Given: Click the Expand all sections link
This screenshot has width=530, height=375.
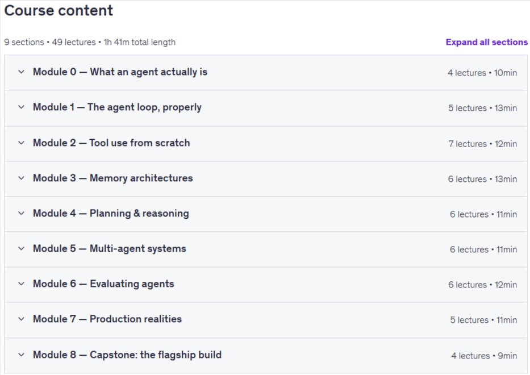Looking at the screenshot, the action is (486, 42).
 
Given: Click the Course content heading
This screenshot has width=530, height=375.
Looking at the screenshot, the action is (59, 10).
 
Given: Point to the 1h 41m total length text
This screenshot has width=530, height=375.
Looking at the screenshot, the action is (140, 42).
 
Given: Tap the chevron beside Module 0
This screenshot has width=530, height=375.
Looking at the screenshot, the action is (21, 72).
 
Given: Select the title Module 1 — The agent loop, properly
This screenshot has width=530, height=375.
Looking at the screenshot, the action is (117, 107).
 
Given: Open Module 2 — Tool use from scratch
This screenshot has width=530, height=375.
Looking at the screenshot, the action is (111, 143).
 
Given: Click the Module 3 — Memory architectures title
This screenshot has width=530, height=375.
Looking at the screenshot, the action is (112, 178).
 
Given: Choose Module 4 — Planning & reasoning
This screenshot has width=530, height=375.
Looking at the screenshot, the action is (111, 214).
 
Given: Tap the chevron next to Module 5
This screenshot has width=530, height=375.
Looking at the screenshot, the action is (21, 248).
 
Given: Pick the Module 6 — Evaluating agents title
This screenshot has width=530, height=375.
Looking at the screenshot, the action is (103, 284).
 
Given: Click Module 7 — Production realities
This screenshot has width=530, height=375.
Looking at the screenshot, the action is (107, 319).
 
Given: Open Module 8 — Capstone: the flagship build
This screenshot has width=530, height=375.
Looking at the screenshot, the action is (127, 355).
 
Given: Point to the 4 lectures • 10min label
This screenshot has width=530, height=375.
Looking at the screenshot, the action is (482, 73).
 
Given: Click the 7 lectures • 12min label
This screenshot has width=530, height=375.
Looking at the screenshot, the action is (483, 144).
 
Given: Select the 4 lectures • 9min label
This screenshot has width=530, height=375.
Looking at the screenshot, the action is (484, 356).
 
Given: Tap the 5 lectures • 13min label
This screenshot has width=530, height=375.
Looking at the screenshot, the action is (483, 108).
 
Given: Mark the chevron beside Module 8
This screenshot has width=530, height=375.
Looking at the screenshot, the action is (21, 355).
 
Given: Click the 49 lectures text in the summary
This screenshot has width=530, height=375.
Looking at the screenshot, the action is (74, 42).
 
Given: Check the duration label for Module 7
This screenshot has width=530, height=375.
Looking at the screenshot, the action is (483, 320).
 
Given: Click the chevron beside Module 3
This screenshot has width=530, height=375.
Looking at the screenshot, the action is (21, 178).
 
